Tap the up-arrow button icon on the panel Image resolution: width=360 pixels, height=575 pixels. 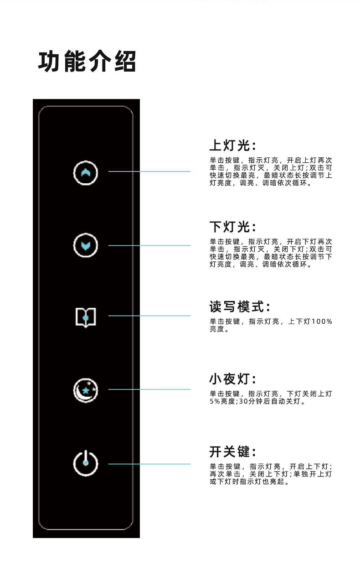coord(86,172)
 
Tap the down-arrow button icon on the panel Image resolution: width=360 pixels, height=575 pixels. coord(86,246)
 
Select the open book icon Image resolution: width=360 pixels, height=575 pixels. coord(86,316)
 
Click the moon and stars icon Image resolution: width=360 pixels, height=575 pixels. coord(86,390)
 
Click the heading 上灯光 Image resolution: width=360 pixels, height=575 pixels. coord(233,145)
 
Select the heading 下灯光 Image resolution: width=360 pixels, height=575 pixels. coord(233,227)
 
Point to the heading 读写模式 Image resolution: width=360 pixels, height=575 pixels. coord(240,306)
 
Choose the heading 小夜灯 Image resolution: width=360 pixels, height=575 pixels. coord(233,379)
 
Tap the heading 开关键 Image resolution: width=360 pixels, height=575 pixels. coord(233,452)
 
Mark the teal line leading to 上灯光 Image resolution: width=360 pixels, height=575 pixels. coord(149,171)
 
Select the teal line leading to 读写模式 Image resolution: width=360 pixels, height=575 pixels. coord(149,316)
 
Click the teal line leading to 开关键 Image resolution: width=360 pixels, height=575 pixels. coord(149,464)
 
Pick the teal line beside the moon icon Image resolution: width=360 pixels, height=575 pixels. coord(149,389)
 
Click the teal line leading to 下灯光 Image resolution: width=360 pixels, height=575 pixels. coord(149,245)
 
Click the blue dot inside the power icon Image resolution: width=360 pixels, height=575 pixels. coord(86,462)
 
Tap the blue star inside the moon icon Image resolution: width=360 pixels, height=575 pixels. coord(85,391)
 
